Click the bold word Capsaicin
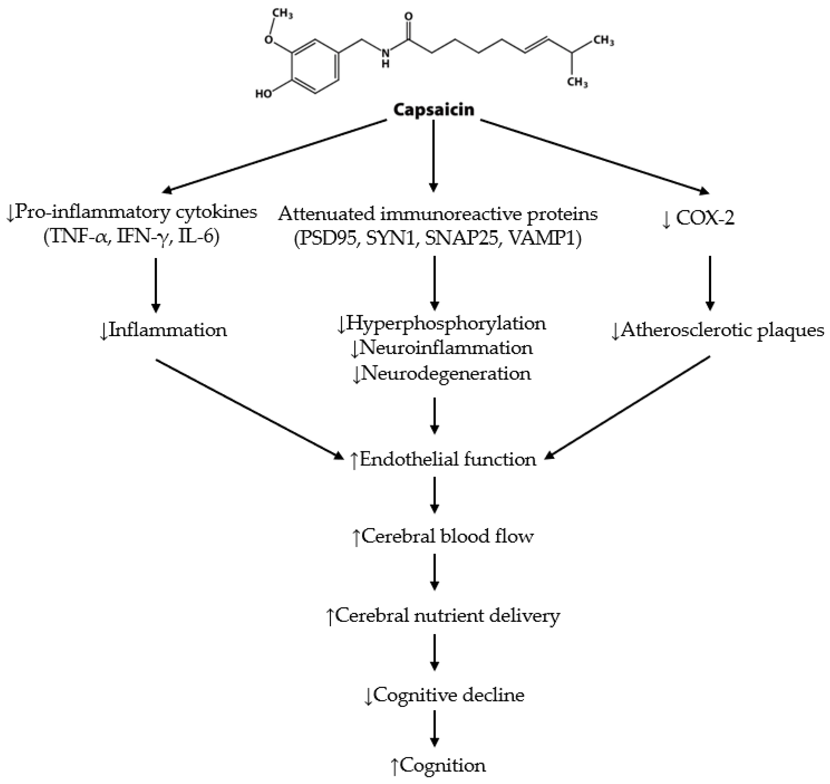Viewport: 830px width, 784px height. click(x=434, y=110)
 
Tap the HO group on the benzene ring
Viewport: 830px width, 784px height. click(x=264, y=94)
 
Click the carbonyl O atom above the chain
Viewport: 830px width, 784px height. click(x=409, y=17)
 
